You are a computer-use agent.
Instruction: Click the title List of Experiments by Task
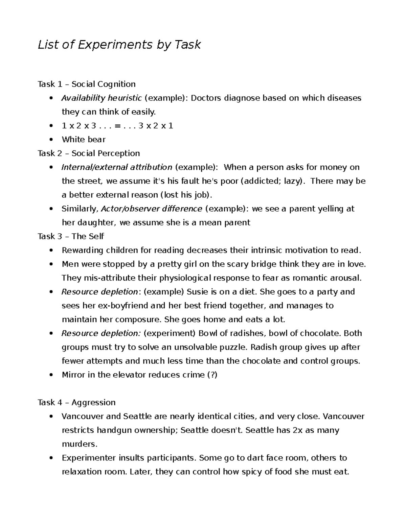[x=119, y=45]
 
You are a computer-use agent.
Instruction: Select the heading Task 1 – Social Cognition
[x=87, y=84]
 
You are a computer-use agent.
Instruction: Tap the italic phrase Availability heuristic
[x=101, y=98]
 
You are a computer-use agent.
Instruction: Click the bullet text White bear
[x=84, y=140]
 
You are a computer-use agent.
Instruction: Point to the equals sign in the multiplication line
[x=117, y=126]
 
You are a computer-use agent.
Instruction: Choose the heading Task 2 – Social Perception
[x=89, y=153]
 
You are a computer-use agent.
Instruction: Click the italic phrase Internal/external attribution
[x=117, y=167]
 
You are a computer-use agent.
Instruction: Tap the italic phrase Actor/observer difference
[x=152, y=209]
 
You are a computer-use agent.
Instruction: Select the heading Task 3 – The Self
[x=71, y=237]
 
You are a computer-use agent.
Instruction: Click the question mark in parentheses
[x=212, y=375]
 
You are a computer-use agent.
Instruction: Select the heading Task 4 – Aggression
[x=76, y=403]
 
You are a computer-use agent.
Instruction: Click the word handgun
[x=114, y=430]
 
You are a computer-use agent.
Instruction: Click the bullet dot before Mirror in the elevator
[x=51, y=375]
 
